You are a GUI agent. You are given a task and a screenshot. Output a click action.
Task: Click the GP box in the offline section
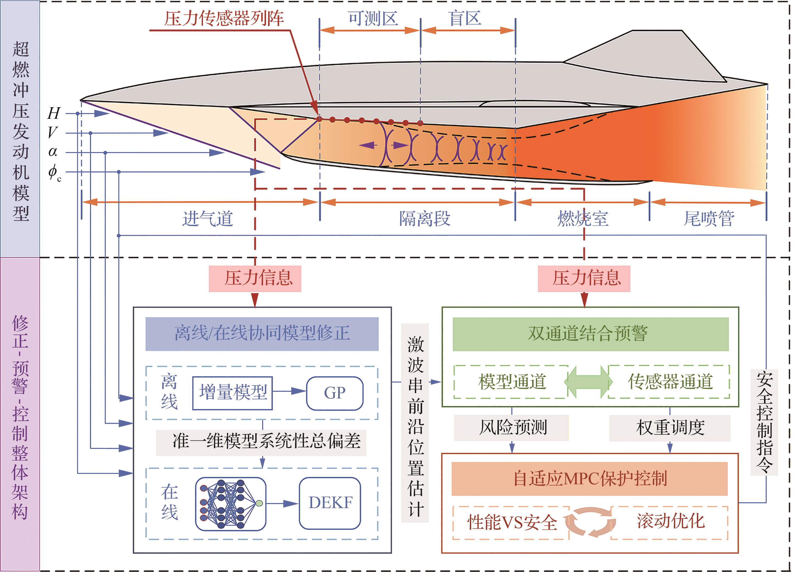tap(335, 393)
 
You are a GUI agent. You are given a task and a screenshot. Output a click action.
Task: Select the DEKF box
tap(330, 503)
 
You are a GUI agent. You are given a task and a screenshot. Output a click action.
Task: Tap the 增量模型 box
tap(233, 393)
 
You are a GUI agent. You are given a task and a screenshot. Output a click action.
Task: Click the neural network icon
tap(231, 503)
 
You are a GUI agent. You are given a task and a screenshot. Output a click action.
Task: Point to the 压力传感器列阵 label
tap(224, 18)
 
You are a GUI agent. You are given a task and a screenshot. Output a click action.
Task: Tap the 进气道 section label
tap(208, 219)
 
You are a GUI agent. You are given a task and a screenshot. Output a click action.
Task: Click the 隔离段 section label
tap(425, 219)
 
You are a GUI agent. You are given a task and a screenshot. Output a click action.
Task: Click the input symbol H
tap(54, 113)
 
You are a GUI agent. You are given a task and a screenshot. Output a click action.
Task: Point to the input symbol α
tap(53, 152)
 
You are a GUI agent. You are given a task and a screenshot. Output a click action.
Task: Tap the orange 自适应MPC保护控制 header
tap(589, 479)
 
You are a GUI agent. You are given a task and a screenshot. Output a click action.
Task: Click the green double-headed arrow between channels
tap(588, 382)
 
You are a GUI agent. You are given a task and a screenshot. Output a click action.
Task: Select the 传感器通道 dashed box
tap(669, 382)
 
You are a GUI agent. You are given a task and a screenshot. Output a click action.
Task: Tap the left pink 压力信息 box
tap(255, 279)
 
